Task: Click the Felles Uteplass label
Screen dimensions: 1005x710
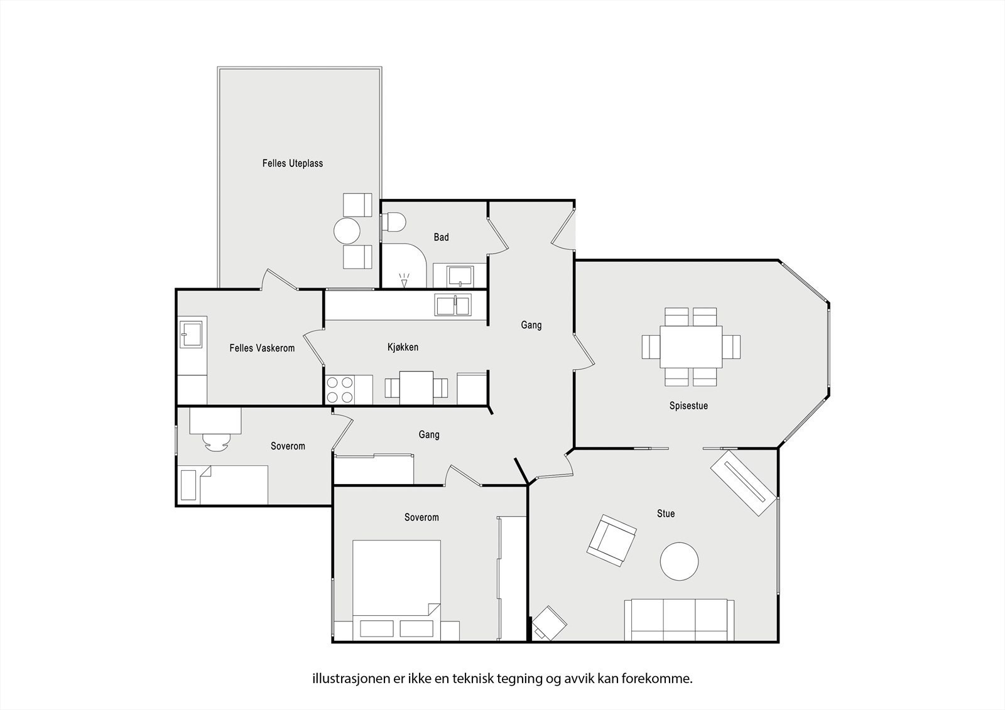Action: coord(293,163)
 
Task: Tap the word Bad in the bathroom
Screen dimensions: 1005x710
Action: coord(441,237)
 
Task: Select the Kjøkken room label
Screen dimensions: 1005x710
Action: coord(403,347)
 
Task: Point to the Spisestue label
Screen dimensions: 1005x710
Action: coord(688,406)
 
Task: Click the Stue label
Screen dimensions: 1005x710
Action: coord(666,514)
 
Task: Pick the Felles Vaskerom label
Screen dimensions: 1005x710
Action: coord(262,348)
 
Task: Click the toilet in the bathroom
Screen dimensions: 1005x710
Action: coord(393,222)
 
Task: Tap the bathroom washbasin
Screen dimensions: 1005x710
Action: coord(460,276)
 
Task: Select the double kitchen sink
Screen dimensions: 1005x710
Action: coord(453,305)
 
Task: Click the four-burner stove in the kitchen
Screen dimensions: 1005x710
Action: coord(340,390)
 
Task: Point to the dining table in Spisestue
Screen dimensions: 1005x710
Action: coord(691,347)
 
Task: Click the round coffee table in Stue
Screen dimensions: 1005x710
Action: coord(679,562)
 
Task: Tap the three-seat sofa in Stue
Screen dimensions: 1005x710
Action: coord(679,620)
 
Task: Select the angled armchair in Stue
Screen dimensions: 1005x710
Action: coord(612,541)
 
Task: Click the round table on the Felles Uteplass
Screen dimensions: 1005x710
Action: coord(347,231)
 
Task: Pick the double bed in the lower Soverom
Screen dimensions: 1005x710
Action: coord(396,590)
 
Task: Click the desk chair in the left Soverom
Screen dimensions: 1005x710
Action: coord(216,442)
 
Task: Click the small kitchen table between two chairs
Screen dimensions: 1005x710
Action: coord(416,388)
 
